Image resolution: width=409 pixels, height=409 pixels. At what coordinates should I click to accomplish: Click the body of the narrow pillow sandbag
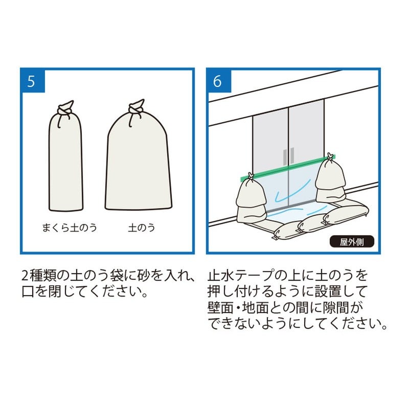tap(65, 164)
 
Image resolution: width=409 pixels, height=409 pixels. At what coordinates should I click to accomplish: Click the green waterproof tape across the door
tap(286, 168)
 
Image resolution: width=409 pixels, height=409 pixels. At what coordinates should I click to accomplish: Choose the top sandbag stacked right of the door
tap(330, 176)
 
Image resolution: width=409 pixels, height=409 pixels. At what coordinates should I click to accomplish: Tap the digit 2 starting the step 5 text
tap(26, 276)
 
